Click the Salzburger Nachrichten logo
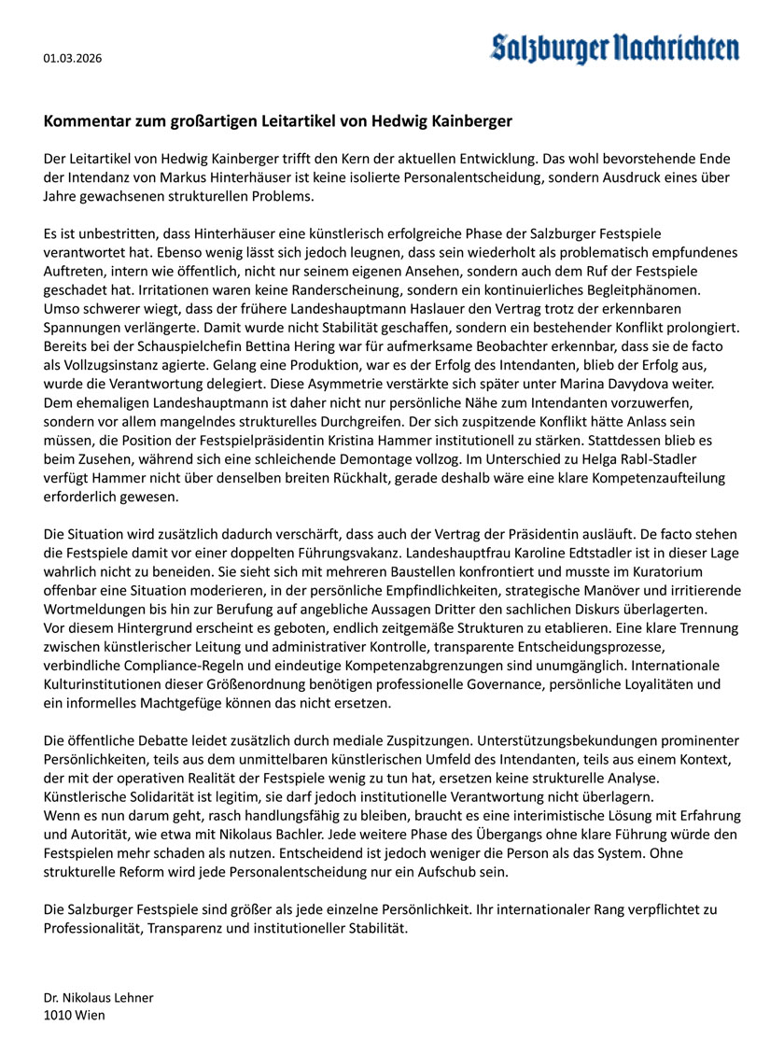pos(615,49)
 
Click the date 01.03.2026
pos(73,59)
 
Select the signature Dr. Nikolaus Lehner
pos(98,997)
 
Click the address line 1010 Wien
pos(75,1015)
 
